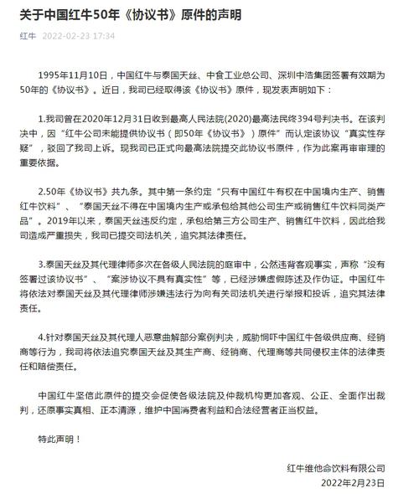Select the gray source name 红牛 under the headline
pyautogui.click(x=28, y=36)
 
